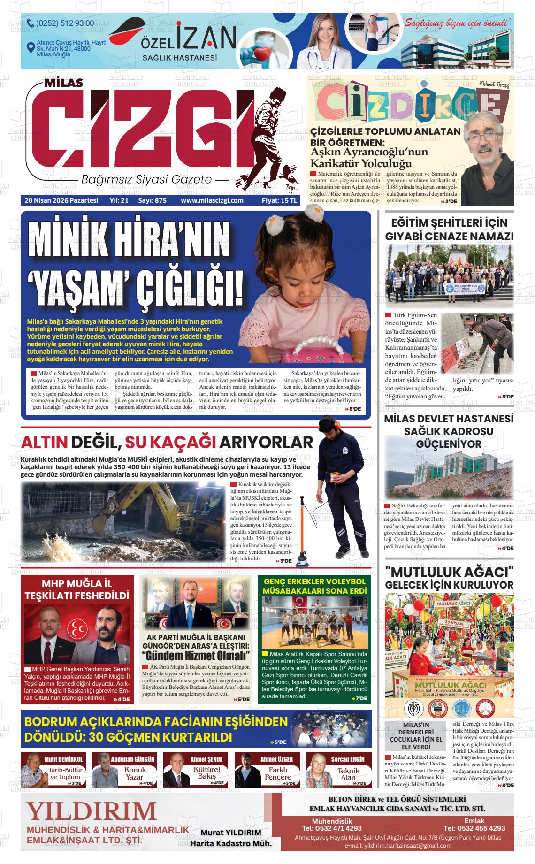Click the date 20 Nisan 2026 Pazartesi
[x=61, y=200]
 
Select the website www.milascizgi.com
[x=212, y=200]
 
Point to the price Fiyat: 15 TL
[x=279, y=200]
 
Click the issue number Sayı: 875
[x=152, y=200]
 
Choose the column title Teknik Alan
[x=349, y=774]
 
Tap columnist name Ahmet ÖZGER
[x=276, y=759]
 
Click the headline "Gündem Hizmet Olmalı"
[x=196, y=656]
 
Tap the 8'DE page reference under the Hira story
[x=354, y=409]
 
